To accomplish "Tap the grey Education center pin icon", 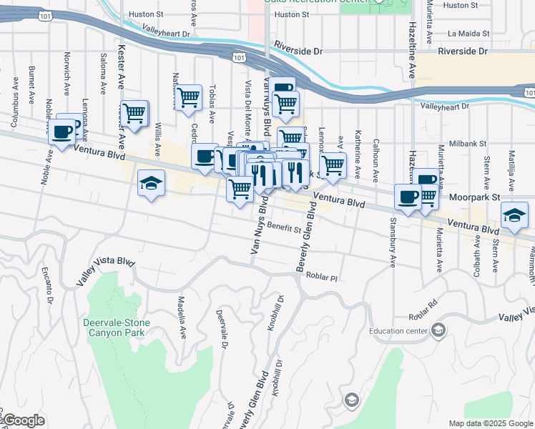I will pos(438,330).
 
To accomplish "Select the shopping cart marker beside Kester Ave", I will pos(134,113).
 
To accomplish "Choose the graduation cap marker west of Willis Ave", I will pos(152,184).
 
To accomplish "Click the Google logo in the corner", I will pos(24,420).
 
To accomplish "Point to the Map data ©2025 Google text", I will pos(491,423).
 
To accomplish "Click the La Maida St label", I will pos(468,34).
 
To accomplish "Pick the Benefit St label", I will pos(284,228).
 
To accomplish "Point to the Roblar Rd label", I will pos(423,315).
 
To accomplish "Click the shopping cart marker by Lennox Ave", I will pos(332,165).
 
